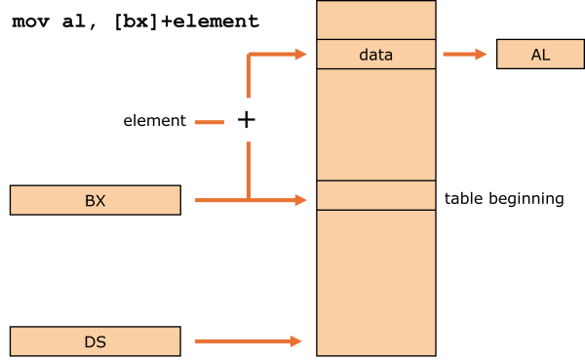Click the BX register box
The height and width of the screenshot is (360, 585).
click(x=95, y=200)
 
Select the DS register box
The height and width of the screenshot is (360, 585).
click(x=95, y=341)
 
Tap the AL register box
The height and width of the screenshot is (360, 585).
click(x=540, y=55)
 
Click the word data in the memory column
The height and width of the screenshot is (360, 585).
click(x=375, y=55)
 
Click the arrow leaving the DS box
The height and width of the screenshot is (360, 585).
click(x=244, y=341)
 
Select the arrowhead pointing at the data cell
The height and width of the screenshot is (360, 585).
click(x=300, y=55)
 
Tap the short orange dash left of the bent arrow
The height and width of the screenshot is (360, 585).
click(x=210, y=123)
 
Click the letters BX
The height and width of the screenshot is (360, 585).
click(x=95, y=201)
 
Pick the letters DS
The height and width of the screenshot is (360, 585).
click(x=95, y=342)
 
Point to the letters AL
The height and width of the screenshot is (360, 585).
click(x=540, y=55)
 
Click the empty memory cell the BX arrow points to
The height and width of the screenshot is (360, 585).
click(x=375, y=195)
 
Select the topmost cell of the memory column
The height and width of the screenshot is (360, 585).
click(x=375, y=20)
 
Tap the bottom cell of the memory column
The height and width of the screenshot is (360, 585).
click(x=375, y=282)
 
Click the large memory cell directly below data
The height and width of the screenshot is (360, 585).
click(x=375, y=124)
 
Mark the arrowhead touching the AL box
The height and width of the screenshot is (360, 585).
click(x=481, y=55)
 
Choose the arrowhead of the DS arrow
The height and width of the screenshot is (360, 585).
click(x=296, y=341)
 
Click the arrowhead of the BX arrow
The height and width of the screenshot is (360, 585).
click(x=300, y=200)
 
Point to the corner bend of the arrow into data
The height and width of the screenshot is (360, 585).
click(x=249, y=55)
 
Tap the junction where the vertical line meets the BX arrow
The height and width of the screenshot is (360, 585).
click(x=249, y=200)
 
